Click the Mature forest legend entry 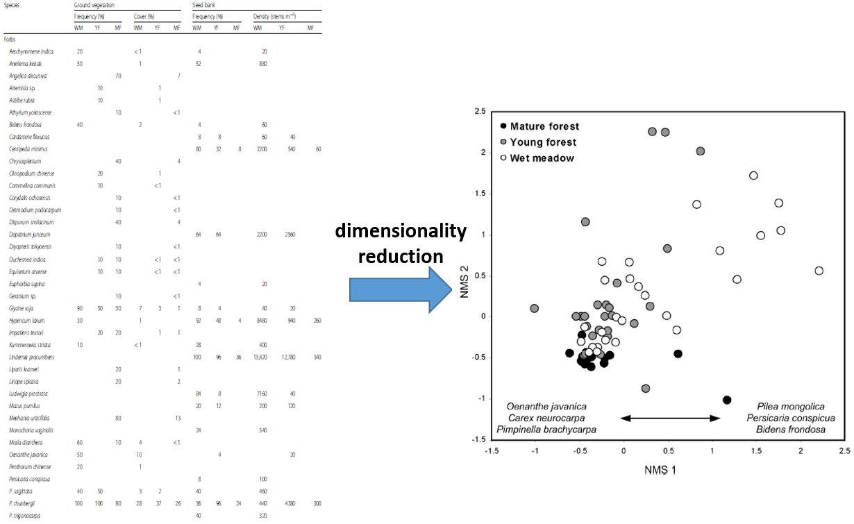tap(544, 126)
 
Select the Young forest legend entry tap(542, 142)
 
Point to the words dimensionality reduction tap(401, 243)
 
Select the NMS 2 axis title tap(464, 276)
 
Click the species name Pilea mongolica tap(791, 406)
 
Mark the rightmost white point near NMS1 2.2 tap(819, 271)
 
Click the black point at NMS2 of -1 tap(727, 400)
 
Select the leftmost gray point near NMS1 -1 tap(535, 308)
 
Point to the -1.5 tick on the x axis tap(491, 451)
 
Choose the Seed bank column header tap(206, 5)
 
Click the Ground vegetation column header tap(96, 5)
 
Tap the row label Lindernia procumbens tap(31, 357)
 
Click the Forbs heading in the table tap(10, 40)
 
